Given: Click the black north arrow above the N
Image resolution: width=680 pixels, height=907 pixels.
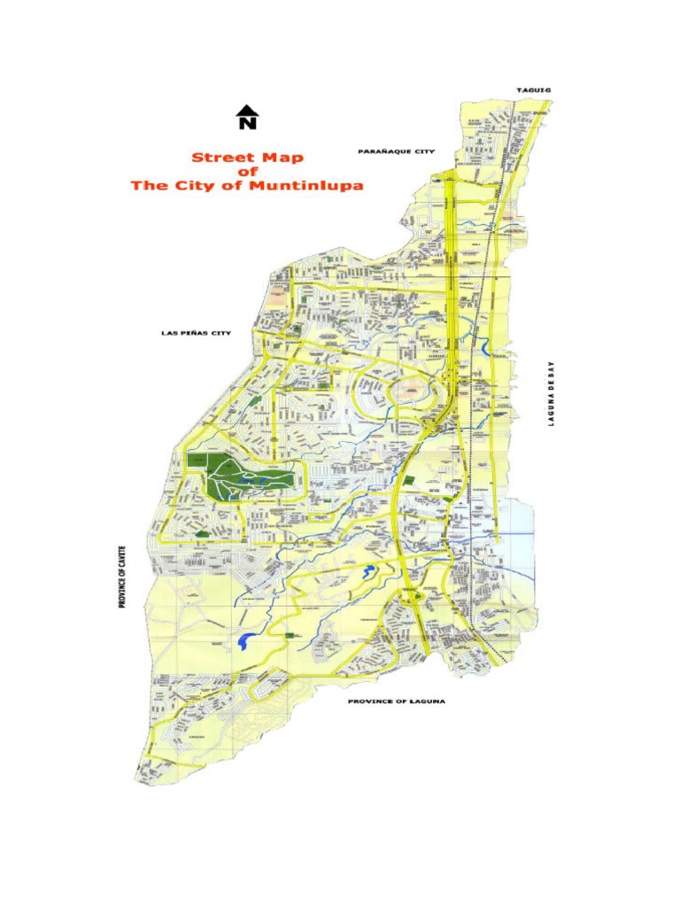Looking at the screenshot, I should [247, 110].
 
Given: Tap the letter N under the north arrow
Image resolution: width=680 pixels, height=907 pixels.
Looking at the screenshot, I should [247, 123].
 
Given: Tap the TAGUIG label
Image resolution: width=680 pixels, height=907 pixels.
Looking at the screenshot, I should [532, 90].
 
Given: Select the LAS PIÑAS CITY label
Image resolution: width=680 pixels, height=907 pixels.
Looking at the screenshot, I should [196, 333].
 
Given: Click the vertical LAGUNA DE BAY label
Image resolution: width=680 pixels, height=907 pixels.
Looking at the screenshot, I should [551, 392].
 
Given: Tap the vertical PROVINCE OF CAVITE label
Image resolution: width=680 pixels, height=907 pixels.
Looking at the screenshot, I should [121, 576].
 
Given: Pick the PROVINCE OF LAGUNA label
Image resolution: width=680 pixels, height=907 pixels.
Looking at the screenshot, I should [396, 702].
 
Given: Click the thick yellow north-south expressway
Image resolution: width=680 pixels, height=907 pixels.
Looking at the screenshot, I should [452, 266].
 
